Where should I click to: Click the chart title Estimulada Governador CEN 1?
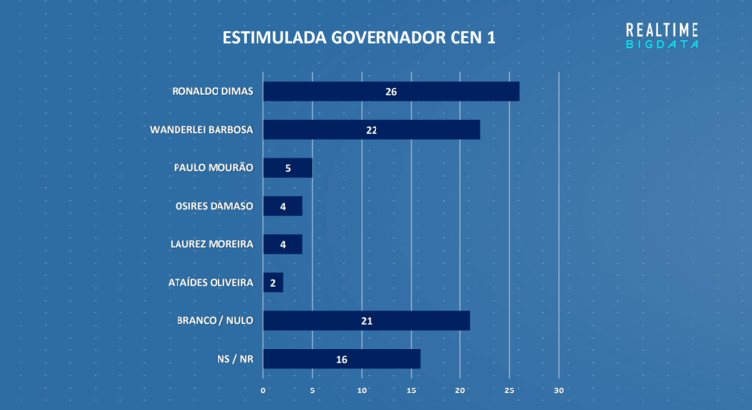tap(358, 38)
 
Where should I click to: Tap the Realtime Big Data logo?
tap(662, 36)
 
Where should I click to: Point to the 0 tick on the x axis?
tap(263, 390)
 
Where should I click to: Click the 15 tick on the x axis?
tap(411, 390)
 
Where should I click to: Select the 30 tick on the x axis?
tap(559, 390)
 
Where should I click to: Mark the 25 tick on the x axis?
tap(509, 390)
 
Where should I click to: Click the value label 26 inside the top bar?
tap(391, 92)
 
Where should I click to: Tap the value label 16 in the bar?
tap(342, 359)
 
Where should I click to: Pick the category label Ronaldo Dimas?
tap(213, 91)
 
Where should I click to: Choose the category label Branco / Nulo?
tap(215, 320)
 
